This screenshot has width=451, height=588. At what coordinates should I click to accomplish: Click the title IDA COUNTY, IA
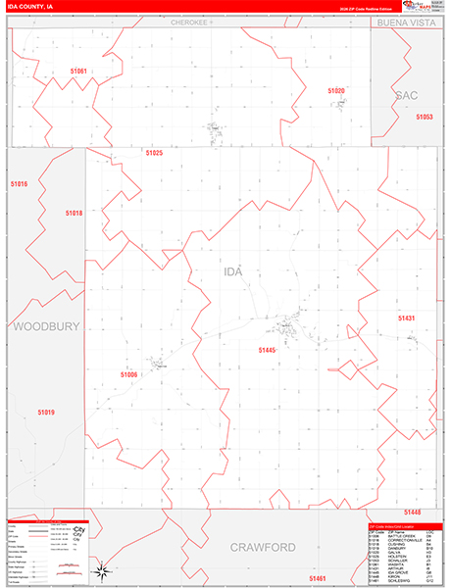click(x=33, y=9)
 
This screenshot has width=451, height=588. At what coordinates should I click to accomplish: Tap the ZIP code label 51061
click(x=78, y=71)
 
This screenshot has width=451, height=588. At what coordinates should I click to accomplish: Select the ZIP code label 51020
click(x=336, y=91)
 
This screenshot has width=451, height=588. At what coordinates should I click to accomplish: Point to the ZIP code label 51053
click(x=424, y=117)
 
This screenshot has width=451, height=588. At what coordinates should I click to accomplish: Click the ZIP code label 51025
click(x=154, y=153)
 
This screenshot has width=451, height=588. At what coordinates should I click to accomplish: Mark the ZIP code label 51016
click(x=20, y=184)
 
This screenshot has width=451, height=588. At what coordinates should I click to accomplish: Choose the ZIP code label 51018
click(x=75, y=213)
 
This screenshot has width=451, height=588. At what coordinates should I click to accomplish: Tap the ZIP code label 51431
click(x=406, y=318)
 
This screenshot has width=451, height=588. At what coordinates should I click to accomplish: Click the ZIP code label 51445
click(x=268, y=350)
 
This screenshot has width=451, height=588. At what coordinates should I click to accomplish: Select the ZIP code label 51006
click(x=128, y=374)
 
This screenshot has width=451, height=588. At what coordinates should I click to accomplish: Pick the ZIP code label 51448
click(x=411, y=513)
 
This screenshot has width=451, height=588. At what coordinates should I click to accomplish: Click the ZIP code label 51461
click(x=316, y=579)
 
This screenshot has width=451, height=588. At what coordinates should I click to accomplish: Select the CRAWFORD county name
click(x=263, y=546)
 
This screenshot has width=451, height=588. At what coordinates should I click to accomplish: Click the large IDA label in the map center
click(x=232, y=270)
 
